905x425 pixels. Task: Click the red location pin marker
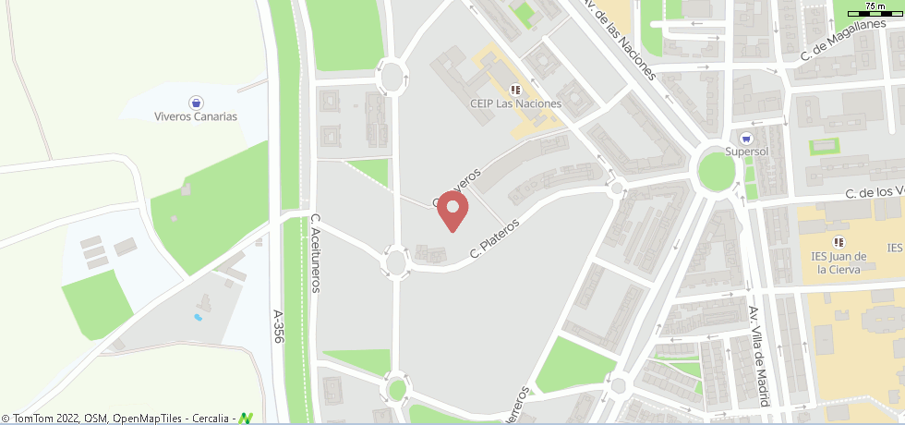[452, 210]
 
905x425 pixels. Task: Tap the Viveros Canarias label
[196, 117]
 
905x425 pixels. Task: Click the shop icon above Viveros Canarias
[196, 102]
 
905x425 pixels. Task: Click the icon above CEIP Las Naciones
[515, 90]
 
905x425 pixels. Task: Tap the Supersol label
[747, 151]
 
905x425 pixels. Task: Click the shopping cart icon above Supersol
[746, 138]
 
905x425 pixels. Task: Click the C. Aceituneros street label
[315, 253]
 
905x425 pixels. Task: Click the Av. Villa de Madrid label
[759, 356]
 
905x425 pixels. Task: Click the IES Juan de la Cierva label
[839, 262]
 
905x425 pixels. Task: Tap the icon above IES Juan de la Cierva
[839, 242]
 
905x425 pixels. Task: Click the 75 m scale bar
[878, 10]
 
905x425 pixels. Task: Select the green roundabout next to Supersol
[716, 171]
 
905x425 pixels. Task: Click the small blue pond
[198, 317]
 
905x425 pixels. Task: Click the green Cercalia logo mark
[245, 418]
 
